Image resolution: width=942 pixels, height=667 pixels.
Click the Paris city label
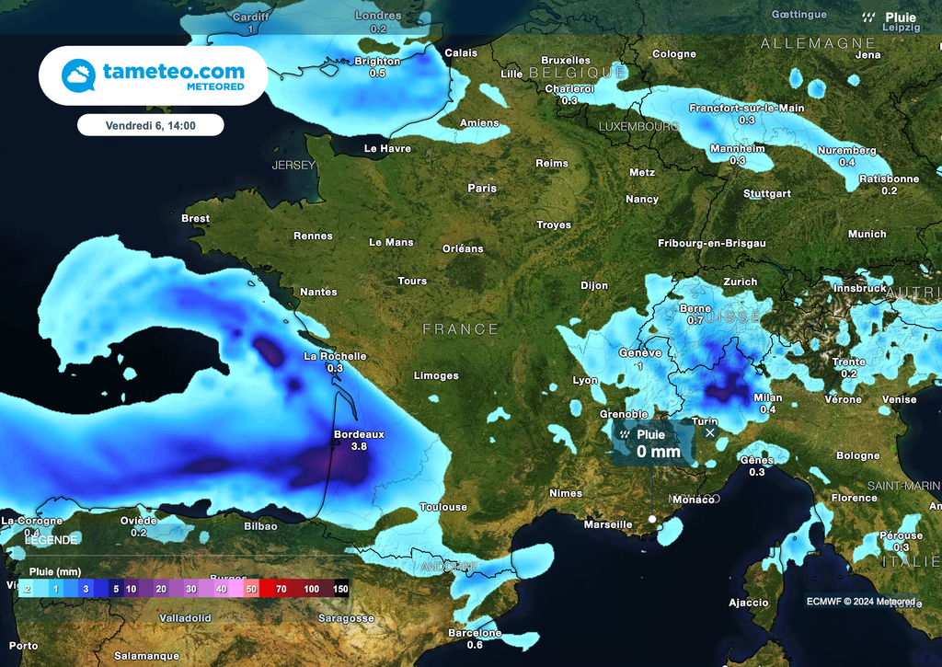(482, 188)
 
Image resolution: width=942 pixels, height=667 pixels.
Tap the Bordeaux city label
(359, 433)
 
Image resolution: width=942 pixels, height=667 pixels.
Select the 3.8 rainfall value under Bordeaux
(359, 446)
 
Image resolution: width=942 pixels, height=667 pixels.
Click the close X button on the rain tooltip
(709, 431)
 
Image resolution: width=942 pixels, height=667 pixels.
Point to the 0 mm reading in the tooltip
(659, 451)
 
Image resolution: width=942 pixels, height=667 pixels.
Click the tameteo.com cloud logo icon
(78, 75)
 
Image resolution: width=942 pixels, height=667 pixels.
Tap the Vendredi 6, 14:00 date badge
(151, 124)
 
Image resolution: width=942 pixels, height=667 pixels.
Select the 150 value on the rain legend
(340, 588)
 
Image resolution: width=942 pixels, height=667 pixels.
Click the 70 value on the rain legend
(281, 588)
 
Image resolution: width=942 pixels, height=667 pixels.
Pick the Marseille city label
(609, 524)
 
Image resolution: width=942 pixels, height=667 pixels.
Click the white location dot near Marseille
(652, 519)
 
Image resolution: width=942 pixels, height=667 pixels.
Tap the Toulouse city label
(443, 507)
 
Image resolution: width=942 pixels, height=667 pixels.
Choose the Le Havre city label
(387, 148)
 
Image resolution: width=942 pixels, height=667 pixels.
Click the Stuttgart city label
(767, 194)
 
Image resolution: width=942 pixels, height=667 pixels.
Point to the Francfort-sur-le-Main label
(747, 108)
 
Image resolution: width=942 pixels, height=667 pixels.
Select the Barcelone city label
(475, 633)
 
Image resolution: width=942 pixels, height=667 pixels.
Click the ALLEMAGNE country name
(818, 43)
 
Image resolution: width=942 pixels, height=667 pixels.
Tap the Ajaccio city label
(748, 603)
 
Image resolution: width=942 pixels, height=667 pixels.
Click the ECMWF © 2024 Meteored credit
(861, 602)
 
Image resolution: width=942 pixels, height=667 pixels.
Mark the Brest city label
(195, 219)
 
